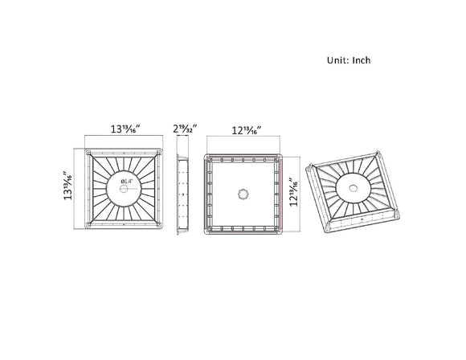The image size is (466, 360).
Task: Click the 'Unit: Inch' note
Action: pos(348,60)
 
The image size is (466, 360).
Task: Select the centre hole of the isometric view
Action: pos(354,190)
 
